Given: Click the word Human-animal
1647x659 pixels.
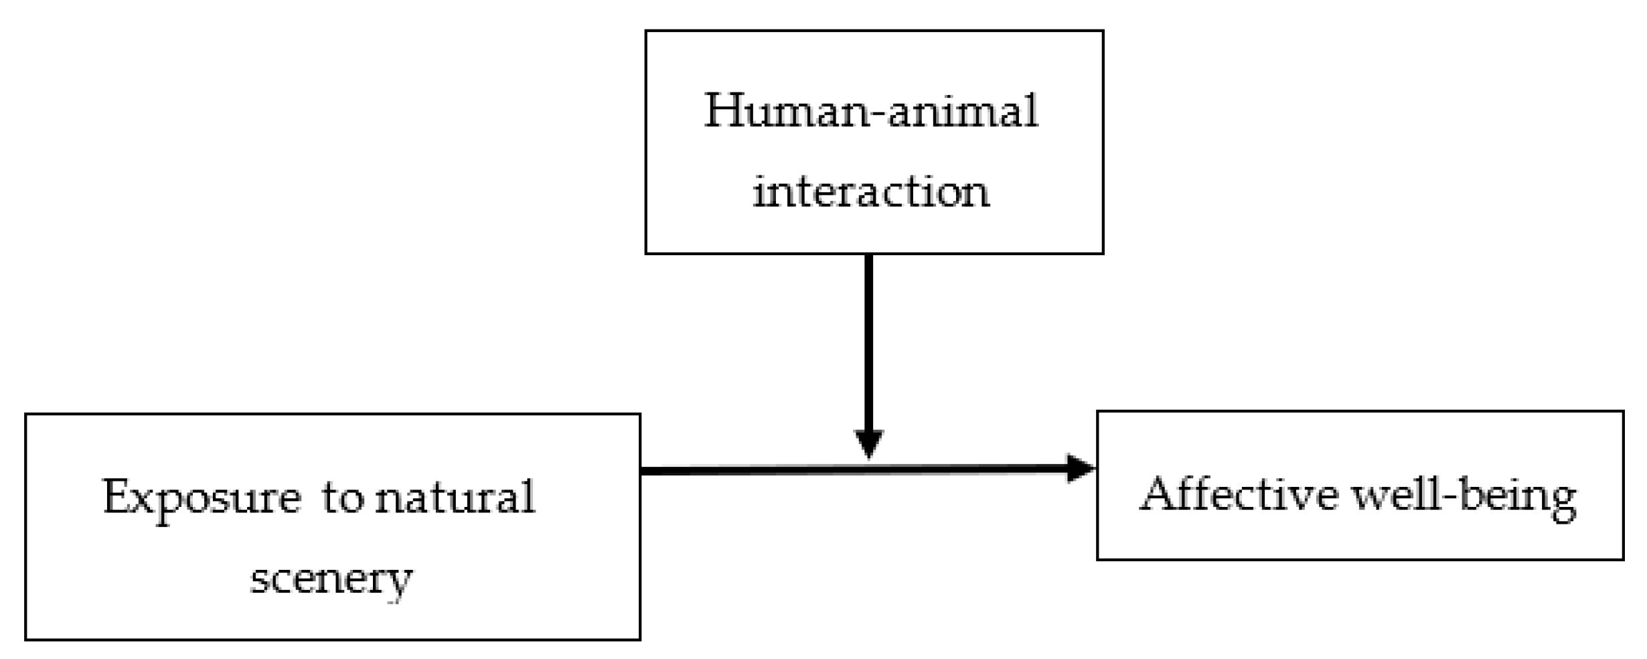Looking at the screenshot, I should pyautogui.click(x=870, y=112).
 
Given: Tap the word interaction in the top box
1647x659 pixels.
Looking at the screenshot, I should pyautogui.click(x=870, y=192).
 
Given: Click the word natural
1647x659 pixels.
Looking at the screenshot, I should pyautogui.click(x=455, y=498).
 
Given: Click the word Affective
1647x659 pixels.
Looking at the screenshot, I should pyautogui.click(x=1239, y=496).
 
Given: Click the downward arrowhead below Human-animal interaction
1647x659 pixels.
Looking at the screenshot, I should pyautogui.click(x=868, y=443).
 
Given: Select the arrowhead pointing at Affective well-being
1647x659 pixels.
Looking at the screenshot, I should pyautogui.click(x=1079, y=469).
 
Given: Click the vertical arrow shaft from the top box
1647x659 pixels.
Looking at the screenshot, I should pyautogui.click(x=868, y=342).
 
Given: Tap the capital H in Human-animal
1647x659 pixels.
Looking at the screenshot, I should pyautogui.click(x=725, y=112).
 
